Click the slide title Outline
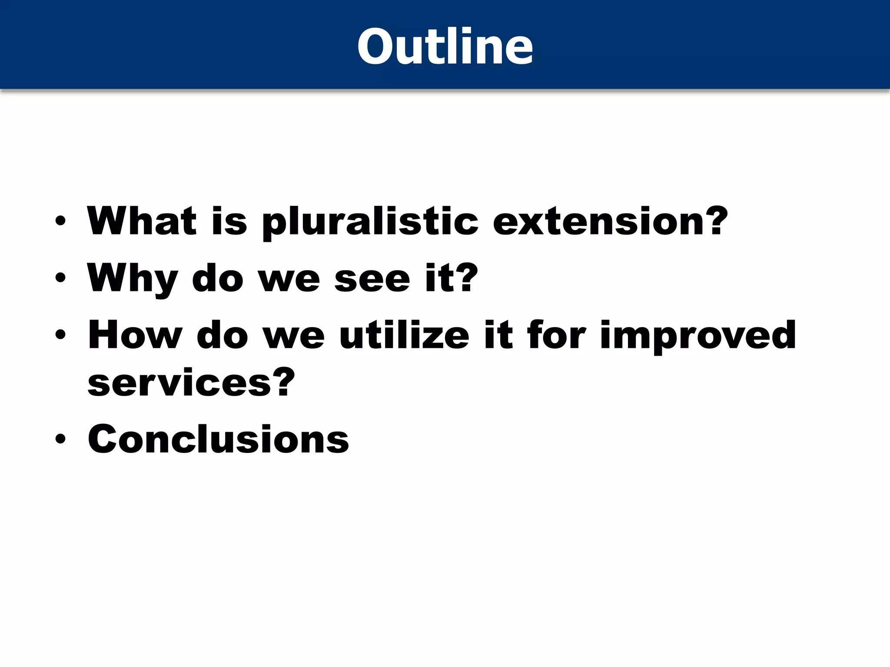tap(445, 46)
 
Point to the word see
tap(372, 280)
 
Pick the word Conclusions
tap(218, 439)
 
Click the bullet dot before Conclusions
tap(60, 439)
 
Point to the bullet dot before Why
tap(60, 278)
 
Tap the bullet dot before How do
tap(60, 335)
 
